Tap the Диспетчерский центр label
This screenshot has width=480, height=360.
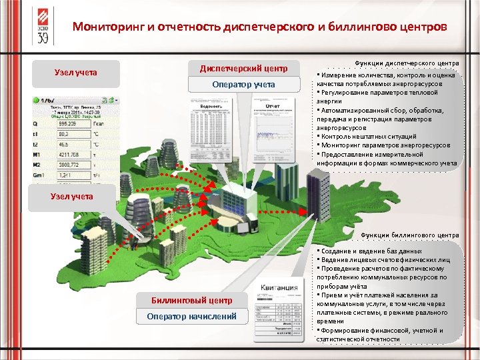pos(243,69)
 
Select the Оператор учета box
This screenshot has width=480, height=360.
pos(243,85)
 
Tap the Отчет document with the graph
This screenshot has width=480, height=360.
pos(274,133)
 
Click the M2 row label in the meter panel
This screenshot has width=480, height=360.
pos(37,165)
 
